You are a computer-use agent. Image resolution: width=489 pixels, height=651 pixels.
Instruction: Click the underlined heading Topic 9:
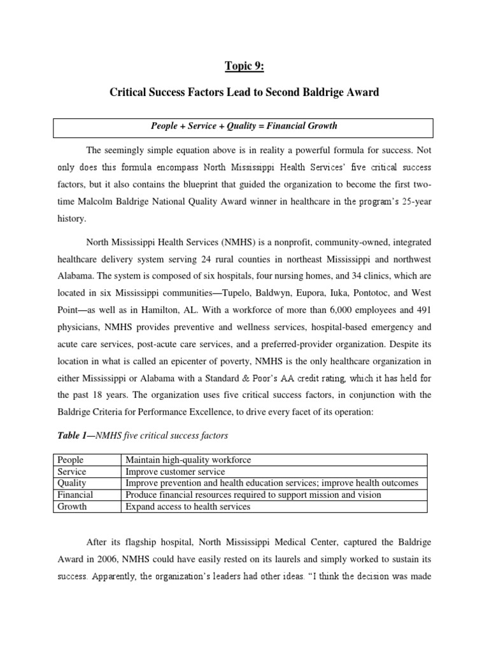244,67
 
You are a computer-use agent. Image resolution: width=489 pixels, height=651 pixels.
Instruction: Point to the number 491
423,309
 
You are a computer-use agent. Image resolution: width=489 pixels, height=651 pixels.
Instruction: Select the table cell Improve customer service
175,472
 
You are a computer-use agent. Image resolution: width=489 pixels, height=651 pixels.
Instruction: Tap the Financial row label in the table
74,495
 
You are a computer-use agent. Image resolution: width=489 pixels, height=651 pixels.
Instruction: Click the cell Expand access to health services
188,507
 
